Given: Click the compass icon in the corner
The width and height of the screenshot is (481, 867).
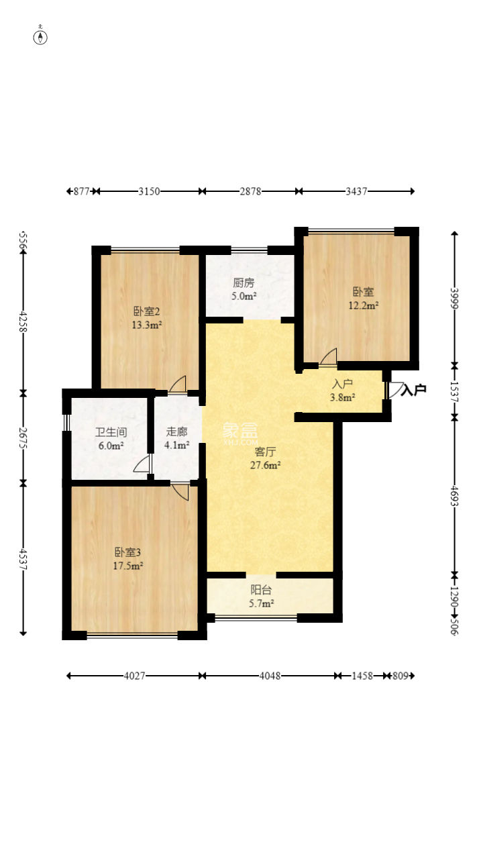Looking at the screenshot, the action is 40,36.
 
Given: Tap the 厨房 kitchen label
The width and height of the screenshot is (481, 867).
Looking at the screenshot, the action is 244,283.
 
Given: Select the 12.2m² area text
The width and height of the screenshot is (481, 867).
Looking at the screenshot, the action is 364,305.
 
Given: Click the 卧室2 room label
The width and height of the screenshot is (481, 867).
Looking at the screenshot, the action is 147,311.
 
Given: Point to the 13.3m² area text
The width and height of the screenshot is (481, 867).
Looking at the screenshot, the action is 147,325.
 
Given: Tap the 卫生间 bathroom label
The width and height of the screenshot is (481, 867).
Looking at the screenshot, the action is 111,432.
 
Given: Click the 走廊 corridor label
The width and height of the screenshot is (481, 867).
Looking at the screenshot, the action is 177,431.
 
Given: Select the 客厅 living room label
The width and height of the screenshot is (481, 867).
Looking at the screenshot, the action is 266,452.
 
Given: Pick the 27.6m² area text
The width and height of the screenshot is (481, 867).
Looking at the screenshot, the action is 266,465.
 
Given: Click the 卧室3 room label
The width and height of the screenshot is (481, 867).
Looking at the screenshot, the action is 127,552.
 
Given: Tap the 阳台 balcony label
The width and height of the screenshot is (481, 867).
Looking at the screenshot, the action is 261,589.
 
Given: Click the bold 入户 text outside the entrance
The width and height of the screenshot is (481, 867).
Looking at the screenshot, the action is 414,390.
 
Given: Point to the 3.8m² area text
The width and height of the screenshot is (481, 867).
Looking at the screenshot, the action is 343,397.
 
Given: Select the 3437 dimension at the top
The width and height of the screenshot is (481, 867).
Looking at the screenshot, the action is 356,191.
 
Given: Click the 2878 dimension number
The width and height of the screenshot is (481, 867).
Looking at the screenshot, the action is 250,191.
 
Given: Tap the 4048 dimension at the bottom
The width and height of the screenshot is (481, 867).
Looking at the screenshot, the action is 270,676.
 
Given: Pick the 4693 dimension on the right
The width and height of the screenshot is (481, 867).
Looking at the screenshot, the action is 455,496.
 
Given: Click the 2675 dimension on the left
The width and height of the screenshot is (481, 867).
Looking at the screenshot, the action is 23,438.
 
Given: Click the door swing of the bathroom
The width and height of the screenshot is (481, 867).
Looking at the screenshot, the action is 142,464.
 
